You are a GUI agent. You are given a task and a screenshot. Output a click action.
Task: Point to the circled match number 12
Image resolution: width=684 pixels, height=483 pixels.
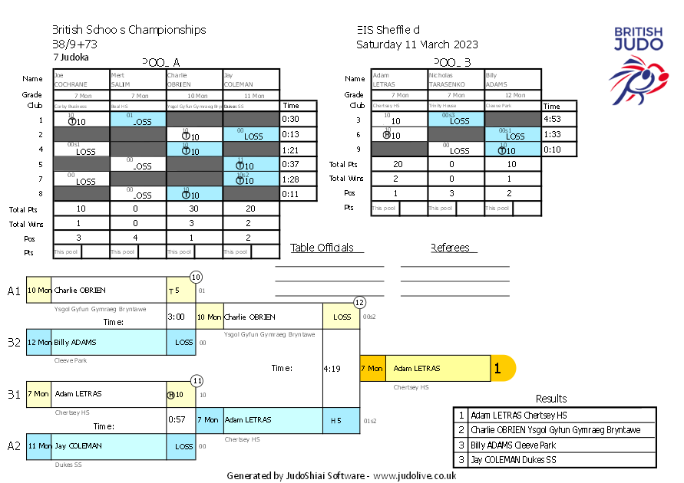359,302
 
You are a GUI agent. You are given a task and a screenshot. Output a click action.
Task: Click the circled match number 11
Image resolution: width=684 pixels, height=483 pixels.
197,379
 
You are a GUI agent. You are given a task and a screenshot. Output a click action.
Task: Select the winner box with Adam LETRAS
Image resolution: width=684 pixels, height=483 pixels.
437,369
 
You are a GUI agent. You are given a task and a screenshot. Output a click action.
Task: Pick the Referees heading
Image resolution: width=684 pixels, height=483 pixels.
454,248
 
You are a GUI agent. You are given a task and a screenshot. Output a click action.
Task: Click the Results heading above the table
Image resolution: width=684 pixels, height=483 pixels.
551,399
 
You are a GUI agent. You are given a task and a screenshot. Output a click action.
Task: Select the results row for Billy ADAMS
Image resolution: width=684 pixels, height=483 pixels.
554,445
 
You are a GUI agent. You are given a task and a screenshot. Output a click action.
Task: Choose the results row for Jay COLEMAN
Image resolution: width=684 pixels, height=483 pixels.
554,460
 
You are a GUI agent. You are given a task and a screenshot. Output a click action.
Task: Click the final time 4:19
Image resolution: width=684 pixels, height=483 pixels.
332,369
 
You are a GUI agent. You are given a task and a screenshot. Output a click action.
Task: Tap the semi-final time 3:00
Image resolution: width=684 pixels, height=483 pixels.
177,316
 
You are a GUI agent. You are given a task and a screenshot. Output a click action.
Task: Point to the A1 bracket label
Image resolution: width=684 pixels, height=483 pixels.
14,291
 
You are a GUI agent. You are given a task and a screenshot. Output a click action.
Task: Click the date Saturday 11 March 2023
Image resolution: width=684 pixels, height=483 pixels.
417,44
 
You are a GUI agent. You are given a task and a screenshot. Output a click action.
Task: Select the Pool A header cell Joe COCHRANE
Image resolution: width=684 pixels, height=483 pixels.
81,80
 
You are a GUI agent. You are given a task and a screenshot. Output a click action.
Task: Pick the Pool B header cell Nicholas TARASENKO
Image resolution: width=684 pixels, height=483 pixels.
456,80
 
